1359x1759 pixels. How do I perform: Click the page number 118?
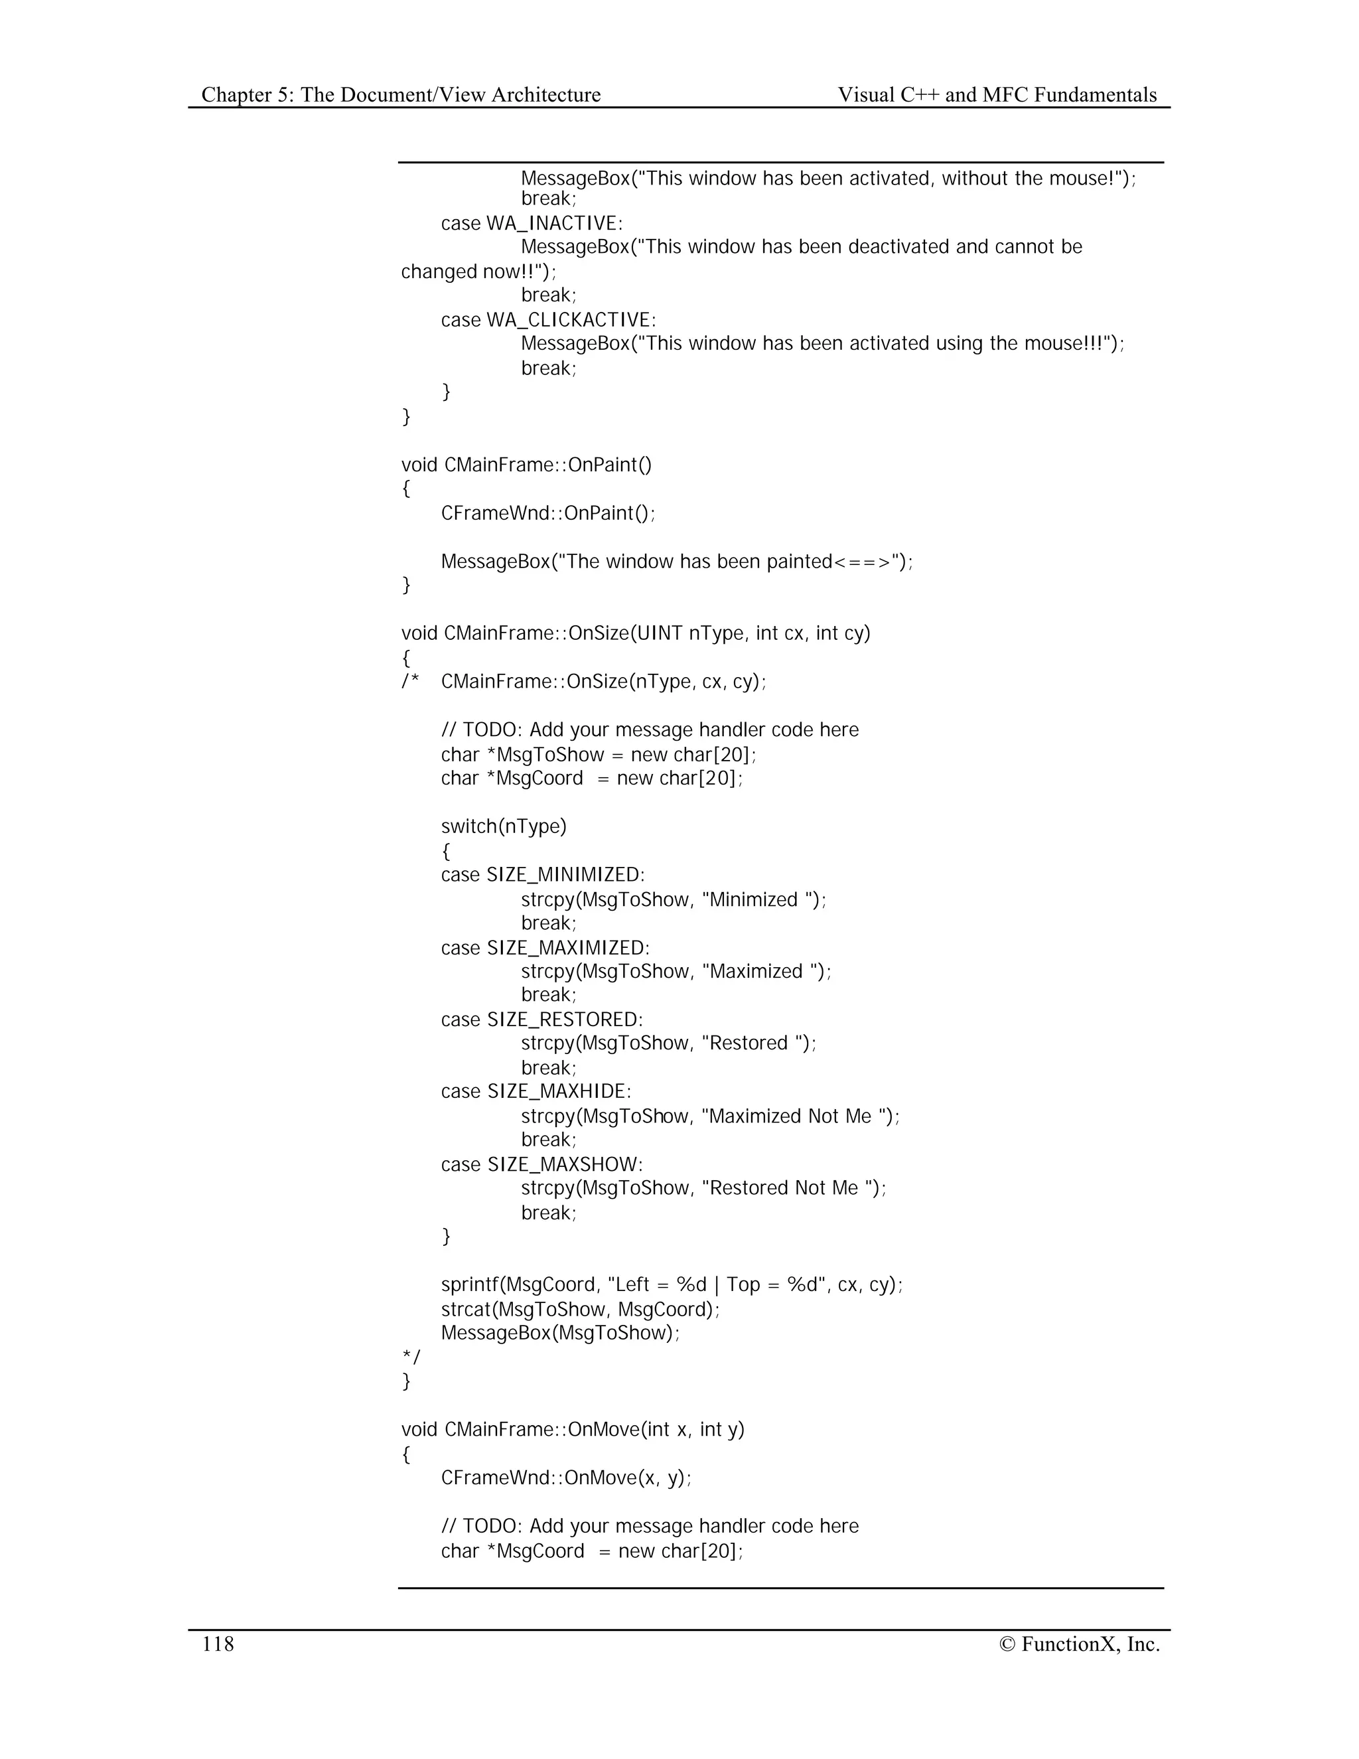(218, 1644)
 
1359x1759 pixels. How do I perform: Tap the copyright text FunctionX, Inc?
(1080, 1644)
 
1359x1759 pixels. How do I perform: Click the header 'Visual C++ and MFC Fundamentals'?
(997, 95)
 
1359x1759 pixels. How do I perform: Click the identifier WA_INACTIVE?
(554, 223)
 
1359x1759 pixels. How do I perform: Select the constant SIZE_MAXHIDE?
(559, 1091)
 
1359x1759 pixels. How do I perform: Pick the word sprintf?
(469, 1284)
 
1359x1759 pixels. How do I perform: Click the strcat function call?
(465, 1310)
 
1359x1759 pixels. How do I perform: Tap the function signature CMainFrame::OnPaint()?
(547, 465)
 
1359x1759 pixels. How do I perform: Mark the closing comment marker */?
(411, 1357)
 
